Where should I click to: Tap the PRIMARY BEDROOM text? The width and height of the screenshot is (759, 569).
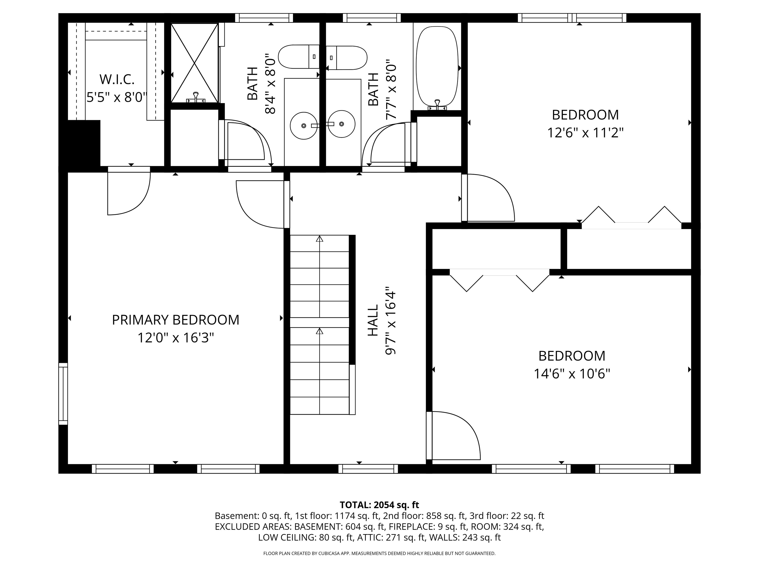pos(175,320)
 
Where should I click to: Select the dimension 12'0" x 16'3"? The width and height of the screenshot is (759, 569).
pos(175,338)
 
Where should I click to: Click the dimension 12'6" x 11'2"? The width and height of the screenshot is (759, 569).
pos(585,132)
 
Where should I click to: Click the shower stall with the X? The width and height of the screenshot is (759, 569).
pos(194,63)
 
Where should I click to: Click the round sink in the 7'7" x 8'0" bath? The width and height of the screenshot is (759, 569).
pos(341,124)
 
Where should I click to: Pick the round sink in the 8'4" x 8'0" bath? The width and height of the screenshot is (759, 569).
pos(303,125)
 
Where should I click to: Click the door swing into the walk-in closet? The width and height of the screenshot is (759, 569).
pos(129,192)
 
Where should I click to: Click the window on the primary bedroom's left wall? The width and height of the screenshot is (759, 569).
pos(63,394)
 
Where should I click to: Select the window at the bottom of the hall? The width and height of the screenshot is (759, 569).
pos(368,469)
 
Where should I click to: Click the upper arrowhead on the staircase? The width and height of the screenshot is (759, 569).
pos(319,239)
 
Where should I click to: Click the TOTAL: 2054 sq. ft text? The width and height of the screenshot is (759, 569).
pos(379,505)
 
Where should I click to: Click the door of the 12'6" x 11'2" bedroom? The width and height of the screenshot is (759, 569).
pos(489,198)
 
